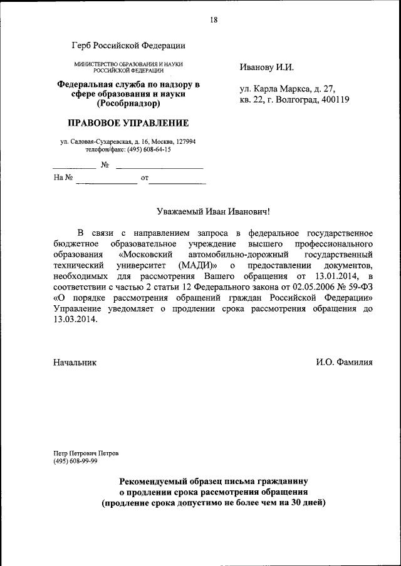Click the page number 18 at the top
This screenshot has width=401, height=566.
click(213, 20)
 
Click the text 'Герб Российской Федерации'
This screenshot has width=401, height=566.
click(128, 45)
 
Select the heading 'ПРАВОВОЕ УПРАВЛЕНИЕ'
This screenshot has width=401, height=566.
click(128, 123)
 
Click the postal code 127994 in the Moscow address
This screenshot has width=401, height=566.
click(183, 142)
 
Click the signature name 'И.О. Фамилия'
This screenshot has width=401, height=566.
click(344, 362)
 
